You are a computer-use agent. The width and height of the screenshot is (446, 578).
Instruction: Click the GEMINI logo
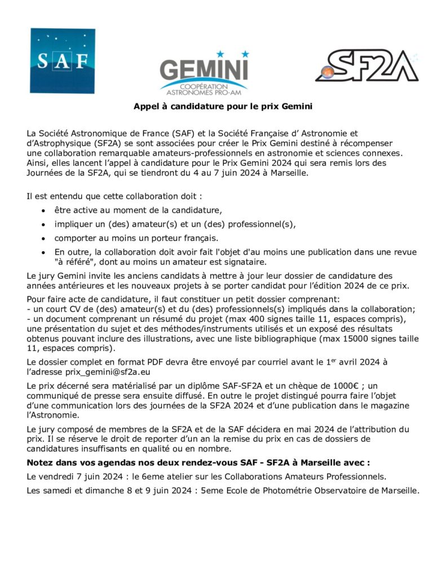(x=204, y=71)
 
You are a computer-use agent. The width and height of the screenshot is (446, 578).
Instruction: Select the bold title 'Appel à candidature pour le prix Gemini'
(x=223, y=106)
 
